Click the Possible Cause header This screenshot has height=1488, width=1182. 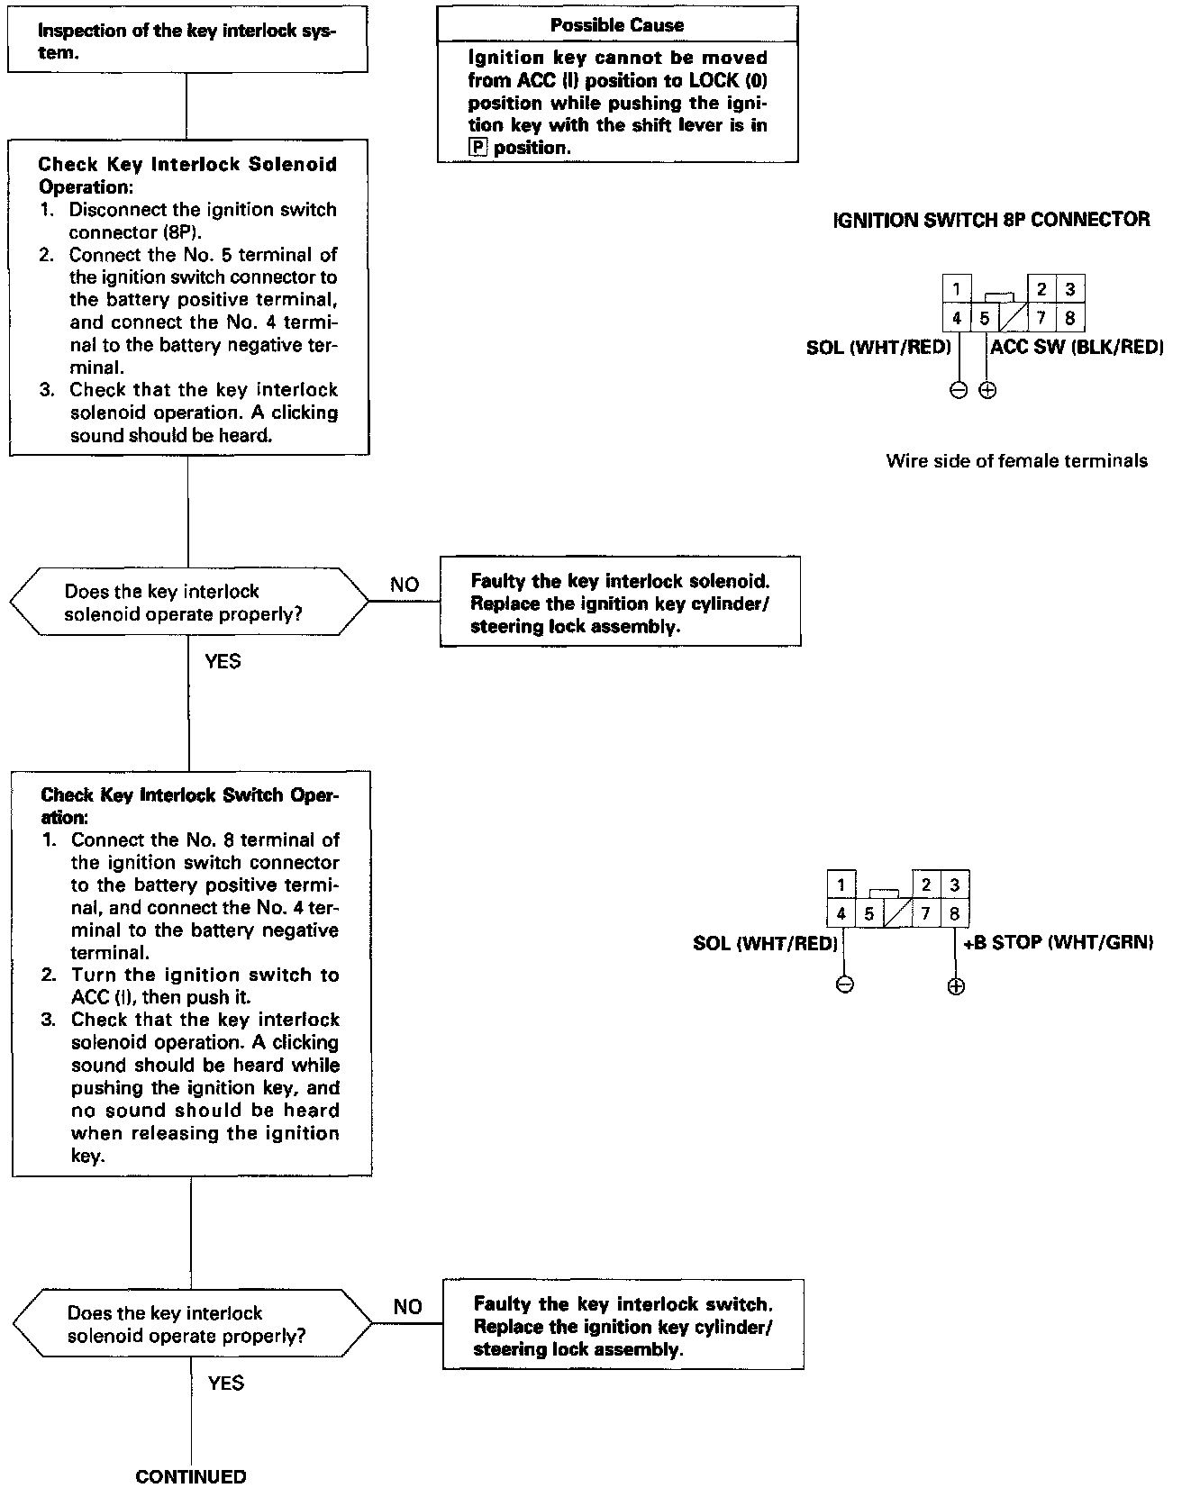click(617, 25)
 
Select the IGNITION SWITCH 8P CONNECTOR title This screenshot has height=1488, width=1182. click(992, 220)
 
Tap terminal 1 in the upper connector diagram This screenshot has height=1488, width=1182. click(956, 290)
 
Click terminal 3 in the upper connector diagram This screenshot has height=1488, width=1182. click(1069, 290)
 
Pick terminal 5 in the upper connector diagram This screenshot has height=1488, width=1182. click(985, 318)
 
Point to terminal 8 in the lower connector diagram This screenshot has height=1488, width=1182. click(955, 914)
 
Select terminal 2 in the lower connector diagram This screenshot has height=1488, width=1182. click(926, 885)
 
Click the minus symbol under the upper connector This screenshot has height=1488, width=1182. click(959, 391)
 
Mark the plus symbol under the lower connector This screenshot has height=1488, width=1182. click(956, 986)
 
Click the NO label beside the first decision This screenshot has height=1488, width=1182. click(405, 585)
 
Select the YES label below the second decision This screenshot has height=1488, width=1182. click(225, 1383)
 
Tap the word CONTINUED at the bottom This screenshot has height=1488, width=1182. click(190, 1476)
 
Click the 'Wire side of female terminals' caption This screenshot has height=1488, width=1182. click(1017, 462)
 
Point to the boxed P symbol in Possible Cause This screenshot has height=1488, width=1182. click(477, 148)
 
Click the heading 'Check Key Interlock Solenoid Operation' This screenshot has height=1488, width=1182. click(187, 176)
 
